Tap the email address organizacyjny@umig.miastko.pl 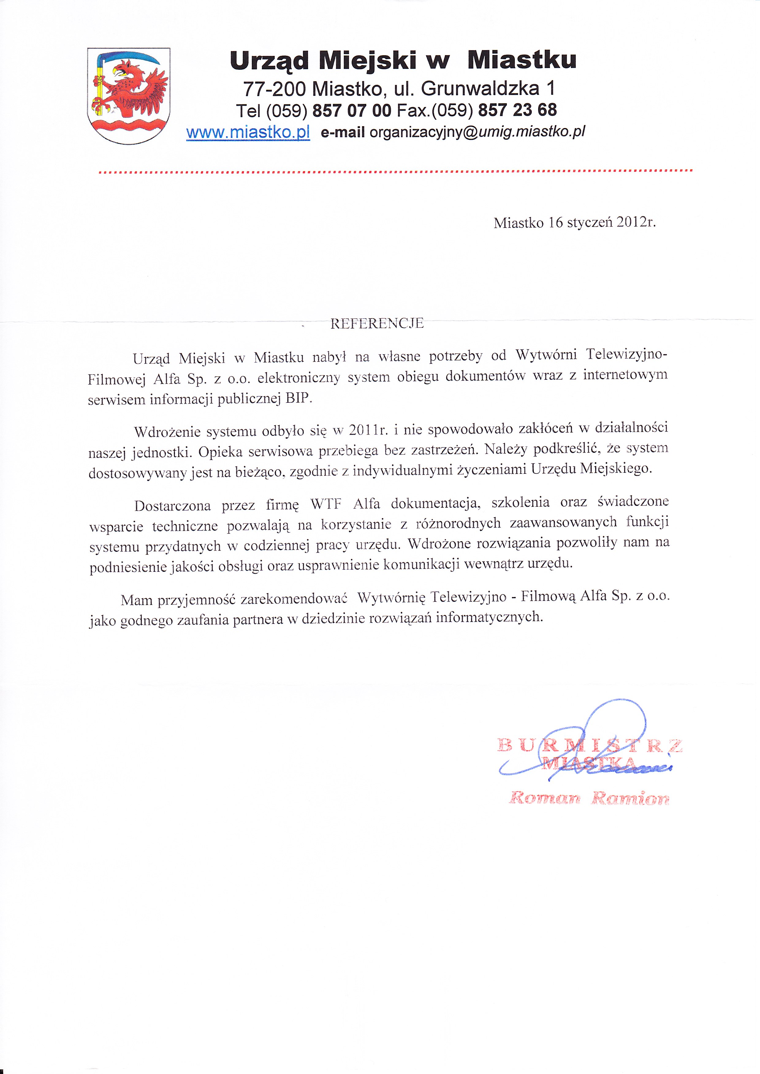(477, 132)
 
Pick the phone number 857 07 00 (351, 110)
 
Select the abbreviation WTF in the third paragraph (326, 504)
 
